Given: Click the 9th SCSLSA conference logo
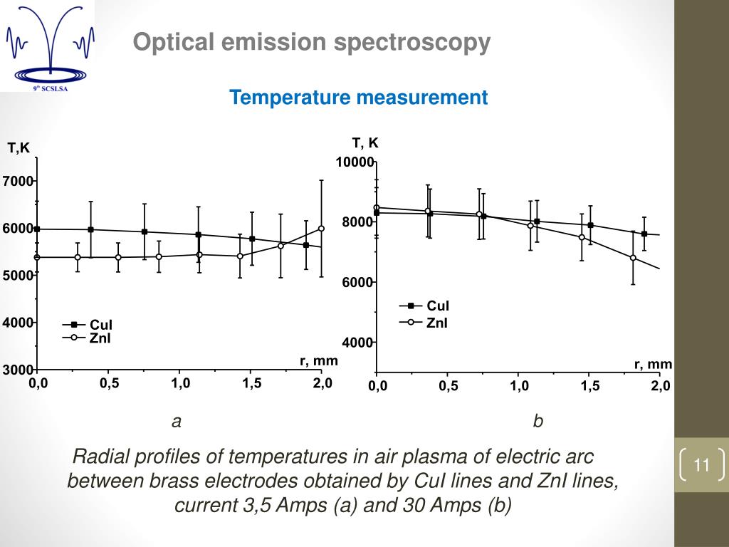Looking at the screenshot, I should coord(47,46).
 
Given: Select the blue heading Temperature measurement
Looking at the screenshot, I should coord(358,98).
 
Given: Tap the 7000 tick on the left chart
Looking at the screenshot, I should coord(17,182).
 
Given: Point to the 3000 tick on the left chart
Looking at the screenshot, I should coord(17,370).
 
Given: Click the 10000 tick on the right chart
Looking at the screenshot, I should coord(355,162).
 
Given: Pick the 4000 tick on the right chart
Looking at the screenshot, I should coord(356,343).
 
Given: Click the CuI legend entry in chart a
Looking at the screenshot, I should coord(100,325).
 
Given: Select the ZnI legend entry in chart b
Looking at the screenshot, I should coord(437,323).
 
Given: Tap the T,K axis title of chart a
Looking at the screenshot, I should coord(19,148).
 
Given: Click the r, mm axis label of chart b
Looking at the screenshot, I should coord(653,365).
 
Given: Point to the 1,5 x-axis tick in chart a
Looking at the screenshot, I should coord(251,383).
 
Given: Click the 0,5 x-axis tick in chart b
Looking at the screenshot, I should coord(448,386).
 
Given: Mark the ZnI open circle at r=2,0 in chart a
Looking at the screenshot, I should coord(321,229).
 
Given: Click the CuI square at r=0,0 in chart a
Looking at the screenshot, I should coord(37,229).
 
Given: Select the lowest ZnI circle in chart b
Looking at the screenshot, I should coord(633,258).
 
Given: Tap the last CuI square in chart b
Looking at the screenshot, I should coord(644,234).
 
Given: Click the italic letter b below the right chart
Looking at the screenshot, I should coord(538,422).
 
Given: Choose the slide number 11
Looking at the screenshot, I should coord(701,466).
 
